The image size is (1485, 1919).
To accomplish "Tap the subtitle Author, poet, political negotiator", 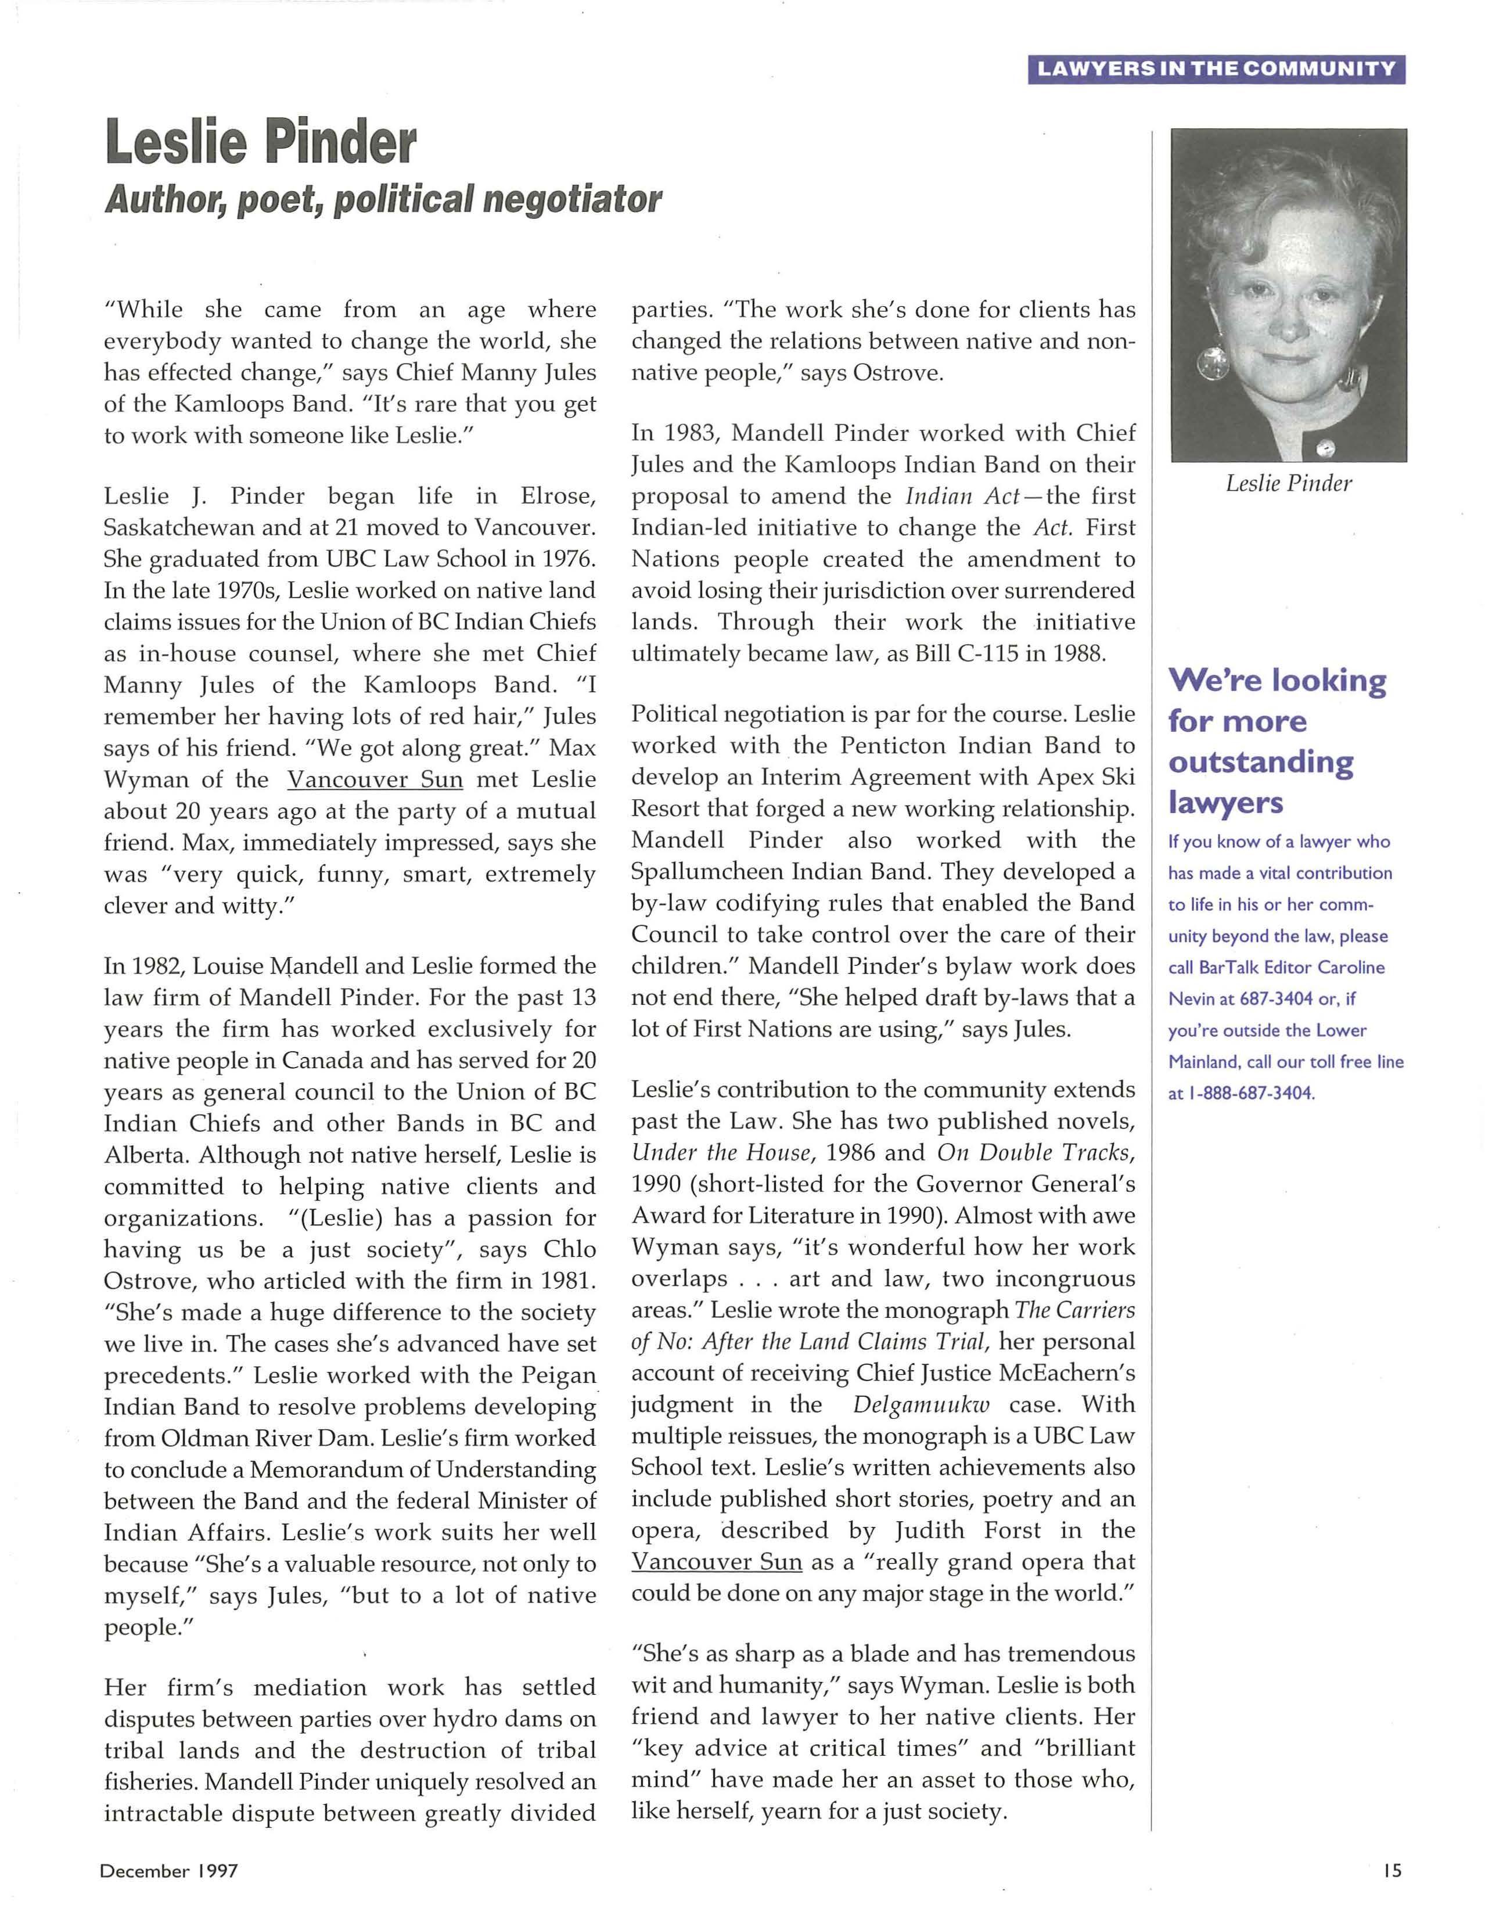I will tap(382, 199).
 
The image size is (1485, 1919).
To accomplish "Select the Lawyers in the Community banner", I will tap(1216, 70).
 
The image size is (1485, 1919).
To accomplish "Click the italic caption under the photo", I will tap(1288, 483).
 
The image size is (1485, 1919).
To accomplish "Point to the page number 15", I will tap(1391, 1871).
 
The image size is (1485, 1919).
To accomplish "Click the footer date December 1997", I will tap(168, 1871).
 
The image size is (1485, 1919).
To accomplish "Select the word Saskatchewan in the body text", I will tap(178, 528).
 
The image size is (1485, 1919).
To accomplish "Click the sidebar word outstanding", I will tap(1260, 762).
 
